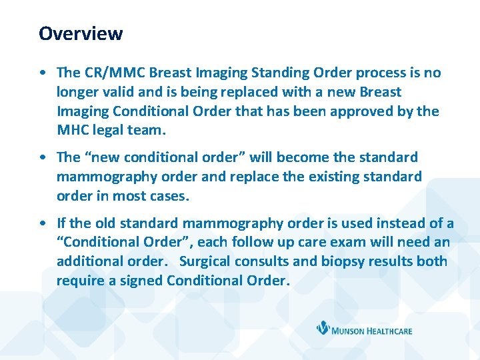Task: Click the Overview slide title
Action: [x=81, y=33]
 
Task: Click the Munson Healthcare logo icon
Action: [x=324, y=328]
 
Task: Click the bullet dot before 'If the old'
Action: [x=43, y=223]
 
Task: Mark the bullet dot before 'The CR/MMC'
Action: [x=43, y=73]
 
